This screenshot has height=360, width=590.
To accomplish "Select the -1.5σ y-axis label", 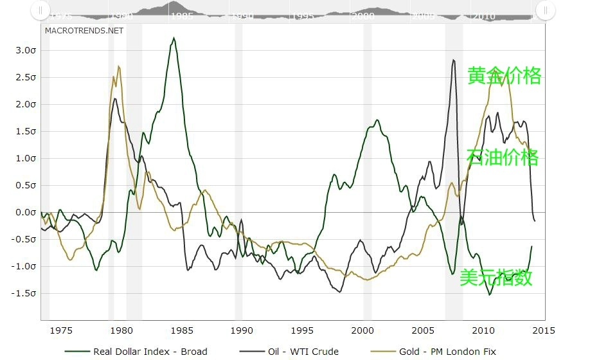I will [23, 293].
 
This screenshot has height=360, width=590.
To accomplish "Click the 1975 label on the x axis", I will [61, 330].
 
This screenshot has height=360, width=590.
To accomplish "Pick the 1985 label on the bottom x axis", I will [182, 330].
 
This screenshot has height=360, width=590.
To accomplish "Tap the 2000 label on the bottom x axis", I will [363, 330].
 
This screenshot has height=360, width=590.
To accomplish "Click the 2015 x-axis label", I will [544, 330].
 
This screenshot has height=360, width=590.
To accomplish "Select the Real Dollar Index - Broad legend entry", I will [136, 352].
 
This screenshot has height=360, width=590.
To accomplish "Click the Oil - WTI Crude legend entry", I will [289, 352].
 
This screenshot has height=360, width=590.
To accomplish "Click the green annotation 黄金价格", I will [505, 76].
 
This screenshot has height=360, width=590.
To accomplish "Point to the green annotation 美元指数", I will [496, 278].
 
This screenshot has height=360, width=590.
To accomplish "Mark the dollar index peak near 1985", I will [174, 38].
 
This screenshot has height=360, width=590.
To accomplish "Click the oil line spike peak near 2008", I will [454, 60].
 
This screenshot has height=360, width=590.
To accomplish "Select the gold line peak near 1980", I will [119, 66].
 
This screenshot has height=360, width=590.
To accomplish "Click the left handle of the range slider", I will [40, 10].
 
